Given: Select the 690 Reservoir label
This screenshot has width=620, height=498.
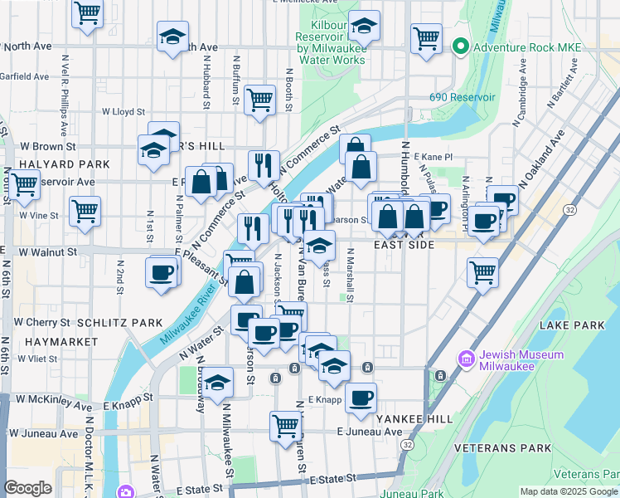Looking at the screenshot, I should pyautogui.click(x=455, y=97).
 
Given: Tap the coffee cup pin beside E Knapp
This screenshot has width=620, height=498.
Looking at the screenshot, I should pyautogui.click(x=361, y=398).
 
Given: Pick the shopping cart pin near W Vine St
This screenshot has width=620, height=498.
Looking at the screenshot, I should pyautogui.click(x=85, y=211).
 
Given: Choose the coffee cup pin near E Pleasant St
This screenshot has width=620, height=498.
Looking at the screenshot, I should pyautogui.click(x=162, y=271).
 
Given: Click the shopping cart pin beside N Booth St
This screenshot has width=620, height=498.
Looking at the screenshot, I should pyautogui.click(x=260, y=100).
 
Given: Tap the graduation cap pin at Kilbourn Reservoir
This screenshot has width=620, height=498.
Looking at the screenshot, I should pyautogui.click(x=363, y=26).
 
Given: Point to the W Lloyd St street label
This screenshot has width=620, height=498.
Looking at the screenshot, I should pyautogui.click(x=124, y=111).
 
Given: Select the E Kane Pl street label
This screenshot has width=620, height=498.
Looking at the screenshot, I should pyautogui.click(x=438, y=156).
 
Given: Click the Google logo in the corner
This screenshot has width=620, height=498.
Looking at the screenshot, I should pyautogui.click(x=28, y=488).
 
